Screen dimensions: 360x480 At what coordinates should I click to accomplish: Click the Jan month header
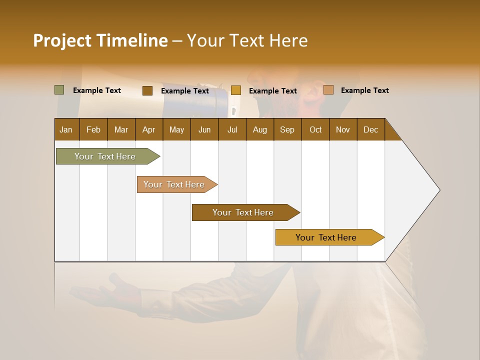66,129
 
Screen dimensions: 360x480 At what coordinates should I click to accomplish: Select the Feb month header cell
93,129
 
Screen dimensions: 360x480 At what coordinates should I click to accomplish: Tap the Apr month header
149,129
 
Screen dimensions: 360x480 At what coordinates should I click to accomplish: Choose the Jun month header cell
204,129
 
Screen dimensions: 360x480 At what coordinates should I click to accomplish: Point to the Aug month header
260,129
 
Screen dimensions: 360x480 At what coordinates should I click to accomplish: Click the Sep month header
287,129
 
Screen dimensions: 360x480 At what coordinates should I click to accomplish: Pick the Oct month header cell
315,129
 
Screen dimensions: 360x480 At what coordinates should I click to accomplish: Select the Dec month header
371,129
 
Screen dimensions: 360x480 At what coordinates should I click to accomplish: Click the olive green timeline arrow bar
105,156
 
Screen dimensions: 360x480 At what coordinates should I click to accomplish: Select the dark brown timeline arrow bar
243,212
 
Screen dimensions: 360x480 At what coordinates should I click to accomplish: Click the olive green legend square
59,90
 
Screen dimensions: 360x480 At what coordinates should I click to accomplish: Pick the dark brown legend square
147,90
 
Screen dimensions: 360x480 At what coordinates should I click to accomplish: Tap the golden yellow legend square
236,90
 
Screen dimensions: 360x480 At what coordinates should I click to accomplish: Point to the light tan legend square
328,90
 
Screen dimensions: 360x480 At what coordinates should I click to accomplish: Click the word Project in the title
62,40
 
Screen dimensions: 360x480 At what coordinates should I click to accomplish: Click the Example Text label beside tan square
364,90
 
